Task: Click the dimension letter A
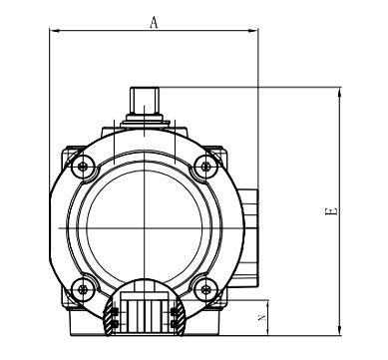click(154, 22)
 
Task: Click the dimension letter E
click(331, 211)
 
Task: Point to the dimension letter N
click(262, 318)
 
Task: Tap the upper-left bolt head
click(83, 166)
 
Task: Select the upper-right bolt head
click(205, 167)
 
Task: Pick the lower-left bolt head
click(83, 289)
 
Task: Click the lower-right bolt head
click(205, 289)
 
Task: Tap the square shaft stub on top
click(145, 101)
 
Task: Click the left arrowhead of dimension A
click(55, 31)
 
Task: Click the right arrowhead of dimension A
click(253, 31)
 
